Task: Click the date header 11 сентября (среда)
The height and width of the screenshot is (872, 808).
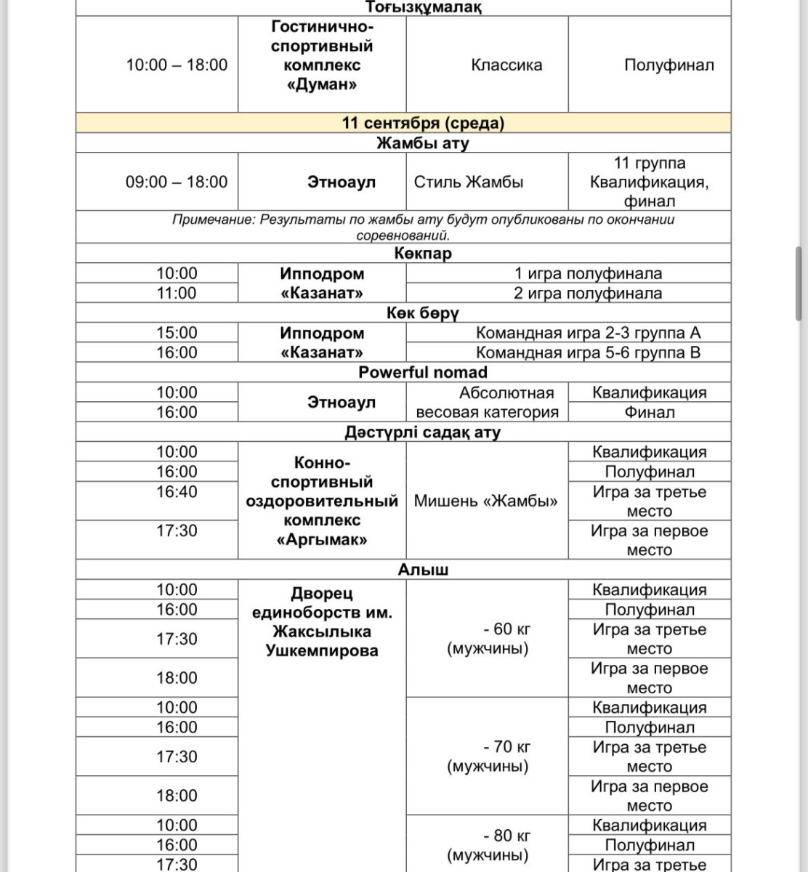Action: (x=423, y=123)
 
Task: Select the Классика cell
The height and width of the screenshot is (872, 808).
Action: (x=506, y=65)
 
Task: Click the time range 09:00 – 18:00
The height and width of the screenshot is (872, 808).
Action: (x=177, y=182)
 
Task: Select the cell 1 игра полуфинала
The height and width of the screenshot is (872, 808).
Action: (x=588, y=274)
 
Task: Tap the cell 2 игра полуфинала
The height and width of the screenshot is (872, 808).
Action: (x=588, y=294)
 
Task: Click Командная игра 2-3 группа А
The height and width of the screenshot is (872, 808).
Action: (x=588, y=333)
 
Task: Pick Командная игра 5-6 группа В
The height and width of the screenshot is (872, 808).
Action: (x=588, y=353)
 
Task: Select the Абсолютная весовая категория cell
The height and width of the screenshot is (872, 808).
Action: (x=487, y=403)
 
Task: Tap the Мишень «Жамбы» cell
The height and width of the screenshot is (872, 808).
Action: (x=485, y=501)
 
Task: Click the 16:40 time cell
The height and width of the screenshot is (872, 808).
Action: (x=177, y=492)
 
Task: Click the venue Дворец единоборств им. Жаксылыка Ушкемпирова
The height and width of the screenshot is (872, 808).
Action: (x=321, y=622)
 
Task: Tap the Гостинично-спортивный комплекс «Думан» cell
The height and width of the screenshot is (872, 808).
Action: (x=322, y=56)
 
